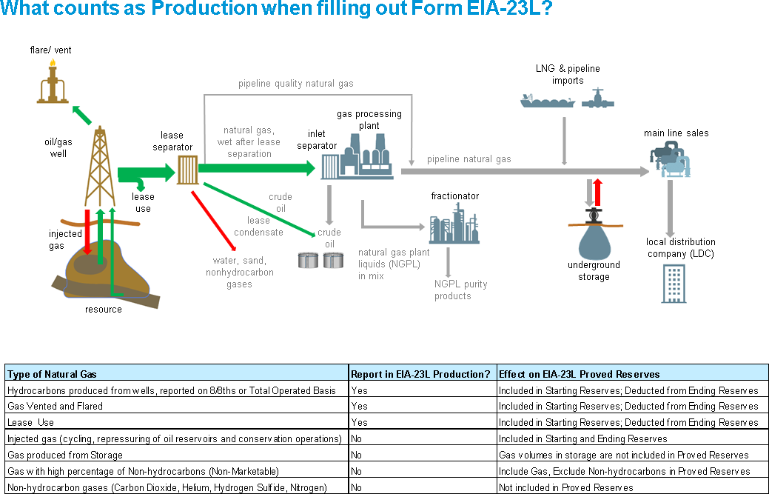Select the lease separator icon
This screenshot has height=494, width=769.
pos(187,170)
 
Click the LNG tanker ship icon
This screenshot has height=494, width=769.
pos(547,101)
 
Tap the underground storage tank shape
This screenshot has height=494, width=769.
pos(594,237)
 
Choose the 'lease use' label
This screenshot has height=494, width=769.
pos(143,202)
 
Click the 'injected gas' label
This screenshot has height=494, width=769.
pos(66,240)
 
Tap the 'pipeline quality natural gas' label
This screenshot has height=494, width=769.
pos(295,84)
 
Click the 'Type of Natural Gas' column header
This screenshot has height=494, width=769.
pos(52,374)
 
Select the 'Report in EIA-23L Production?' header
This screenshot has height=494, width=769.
pos(420,374)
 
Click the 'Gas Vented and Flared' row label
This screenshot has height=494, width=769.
pos(55,407)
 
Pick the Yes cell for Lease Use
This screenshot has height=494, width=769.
pos(359,423)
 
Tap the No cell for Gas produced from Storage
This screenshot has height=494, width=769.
pos(357,455)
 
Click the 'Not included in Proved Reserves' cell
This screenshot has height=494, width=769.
pos(565,488)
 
